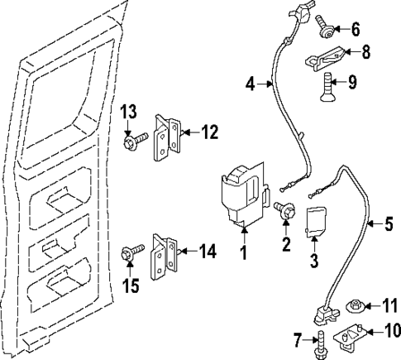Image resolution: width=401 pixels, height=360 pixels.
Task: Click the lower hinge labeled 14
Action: (163, 257)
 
